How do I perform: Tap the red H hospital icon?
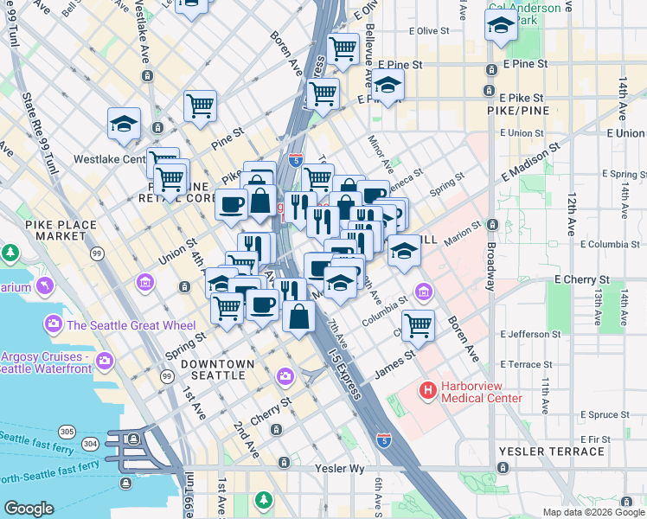427,391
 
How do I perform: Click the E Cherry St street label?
581,280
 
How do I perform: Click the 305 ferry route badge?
66,431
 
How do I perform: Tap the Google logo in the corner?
29,509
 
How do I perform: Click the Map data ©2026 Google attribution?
593,512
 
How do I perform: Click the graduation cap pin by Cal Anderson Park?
500,28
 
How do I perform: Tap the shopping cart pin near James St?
418,325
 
